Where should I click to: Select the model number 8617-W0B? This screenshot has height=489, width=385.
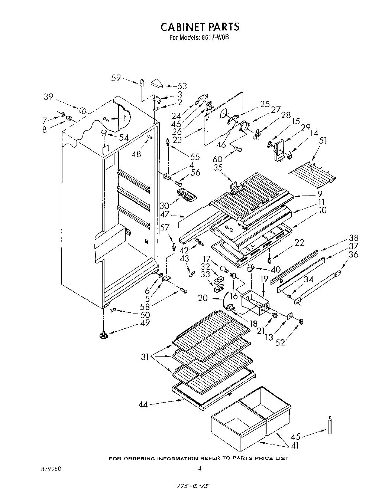tap(217, 37)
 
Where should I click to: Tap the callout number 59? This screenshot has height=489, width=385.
tap(116, 78)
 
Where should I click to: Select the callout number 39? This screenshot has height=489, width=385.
tap(49, 96)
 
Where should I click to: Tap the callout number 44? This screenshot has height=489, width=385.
tap(143, 404)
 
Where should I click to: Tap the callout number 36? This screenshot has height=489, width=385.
tap(353, 255)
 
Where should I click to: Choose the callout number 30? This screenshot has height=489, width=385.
tap(164, 205)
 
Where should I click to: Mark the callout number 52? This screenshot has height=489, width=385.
tap(280, 342)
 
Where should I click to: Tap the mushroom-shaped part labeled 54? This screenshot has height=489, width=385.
tap(103, 133)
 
